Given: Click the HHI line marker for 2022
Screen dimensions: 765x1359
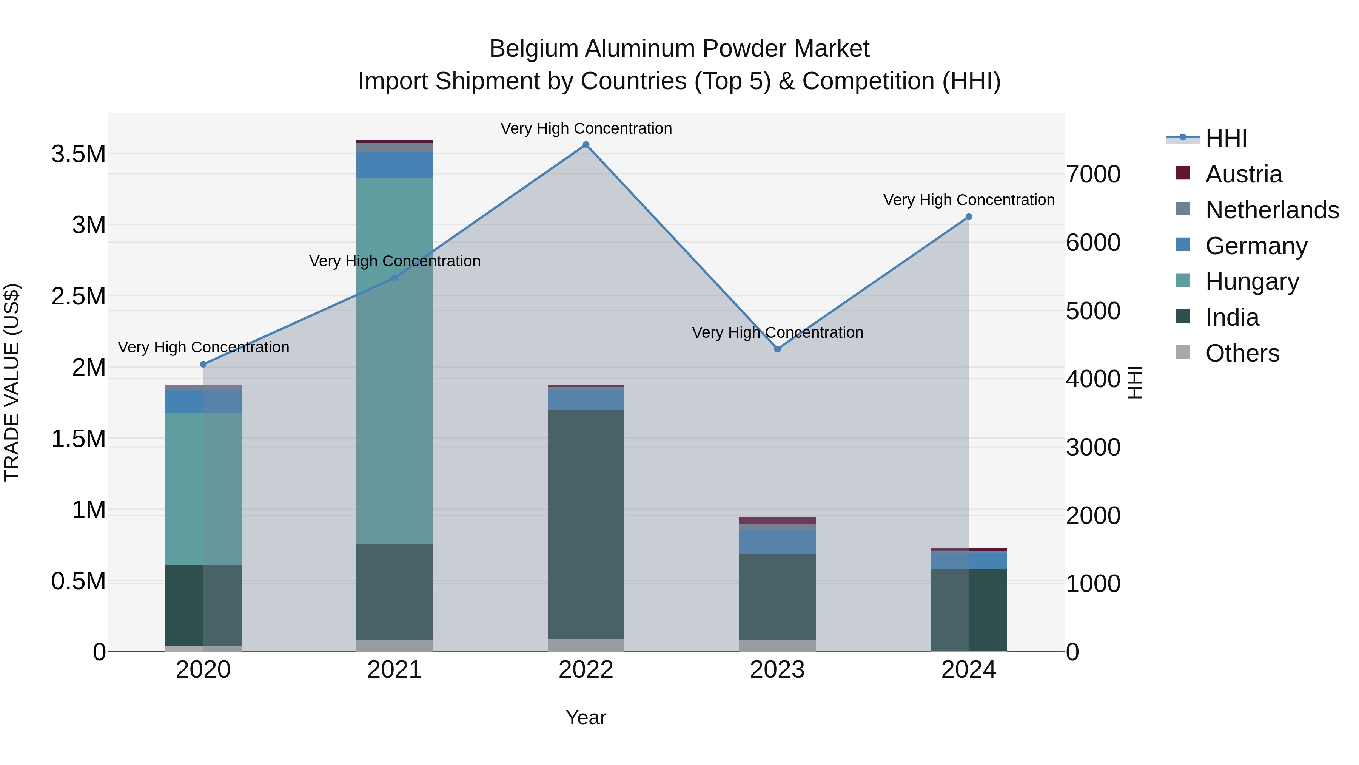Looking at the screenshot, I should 586,145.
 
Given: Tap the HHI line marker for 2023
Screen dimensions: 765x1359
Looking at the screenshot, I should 777,349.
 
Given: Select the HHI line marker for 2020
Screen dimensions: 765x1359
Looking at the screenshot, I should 203,364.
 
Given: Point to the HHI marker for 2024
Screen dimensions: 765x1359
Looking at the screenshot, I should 969,217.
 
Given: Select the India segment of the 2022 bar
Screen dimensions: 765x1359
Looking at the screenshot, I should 586,523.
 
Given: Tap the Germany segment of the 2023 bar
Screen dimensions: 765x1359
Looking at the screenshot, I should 777,542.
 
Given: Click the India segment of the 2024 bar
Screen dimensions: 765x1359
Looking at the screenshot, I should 969,610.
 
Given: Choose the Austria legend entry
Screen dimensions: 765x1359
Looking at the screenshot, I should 1243,174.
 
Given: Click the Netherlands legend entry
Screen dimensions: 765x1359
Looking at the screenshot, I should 1271,210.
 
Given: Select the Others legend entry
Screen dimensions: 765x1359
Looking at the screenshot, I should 1242,353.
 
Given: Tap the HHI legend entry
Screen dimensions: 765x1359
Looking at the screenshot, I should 1226,138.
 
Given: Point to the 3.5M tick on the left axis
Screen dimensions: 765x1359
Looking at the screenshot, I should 79,154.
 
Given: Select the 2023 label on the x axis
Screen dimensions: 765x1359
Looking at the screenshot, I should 777,670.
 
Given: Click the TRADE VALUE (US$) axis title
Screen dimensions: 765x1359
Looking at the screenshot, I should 12,382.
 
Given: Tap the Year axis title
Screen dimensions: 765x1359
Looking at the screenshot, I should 586,717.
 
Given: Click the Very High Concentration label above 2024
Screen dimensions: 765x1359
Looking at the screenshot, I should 969,200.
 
